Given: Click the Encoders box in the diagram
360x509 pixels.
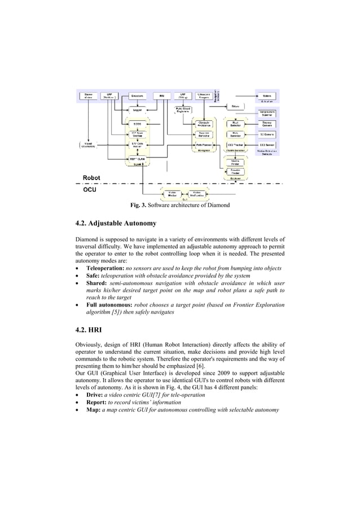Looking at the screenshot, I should pyautogui.click(x=137, y=95).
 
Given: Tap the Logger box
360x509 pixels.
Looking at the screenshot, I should pyautogui.click(x=137, y=110).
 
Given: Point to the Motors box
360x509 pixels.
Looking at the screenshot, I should pyautogui.click(x=266, y=95).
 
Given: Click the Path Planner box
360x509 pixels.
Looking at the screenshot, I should pyautogui.click(x=205, y=145).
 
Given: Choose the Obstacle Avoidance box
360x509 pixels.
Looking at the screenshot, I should pyautogui.click(x=205, y=123).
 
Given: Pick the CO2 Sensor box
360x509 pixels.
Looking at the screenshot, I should pyautogui.click(x=266, y=145).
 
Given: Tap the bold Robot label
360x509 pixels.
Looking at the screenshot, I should pyautogui.click(x=91, y=178).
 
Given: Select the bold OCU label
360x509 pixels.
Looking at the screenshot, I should pyautogui.click(x=89, y=191).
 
